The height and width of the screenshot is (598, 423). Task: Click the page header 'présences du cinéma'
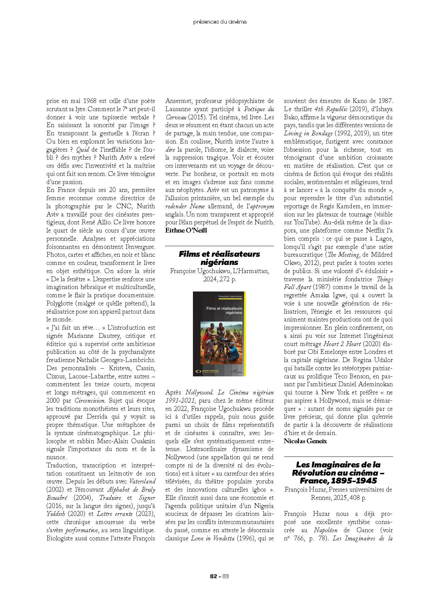point(220,22)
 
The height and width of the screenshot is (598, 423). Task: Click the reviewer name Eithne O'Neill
point(186,230)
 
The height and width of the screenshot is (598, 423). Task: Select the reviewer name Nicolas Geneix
point(305,441)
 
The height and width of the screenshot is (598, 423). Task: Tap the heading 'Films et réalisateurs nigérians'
point(219,258)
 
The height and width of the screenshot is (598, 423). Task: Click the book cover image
point(220,334)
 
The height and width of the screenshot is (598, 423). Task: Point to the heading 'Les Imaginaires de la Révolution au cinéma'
point(338,473)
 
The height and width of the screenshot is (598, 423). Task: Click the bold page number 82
point(214,577)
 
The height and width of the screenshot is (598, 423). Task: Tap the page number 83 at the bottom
point(225,577)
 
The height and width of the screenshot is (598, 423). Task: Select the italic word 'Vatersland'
point(142,482)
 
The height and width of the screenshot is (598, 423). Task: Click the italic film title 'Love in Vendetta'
point(217,539)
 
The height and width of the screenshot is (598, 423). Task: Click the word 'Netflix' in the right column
point(375,230)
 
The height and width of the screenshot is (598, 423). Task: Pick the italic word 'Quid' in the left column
point(82,149)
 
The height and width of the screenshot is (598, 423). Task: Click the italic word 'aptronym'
point(262,206)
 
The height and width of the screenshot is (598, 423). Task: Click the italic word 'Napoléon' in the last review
point(326,530)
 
